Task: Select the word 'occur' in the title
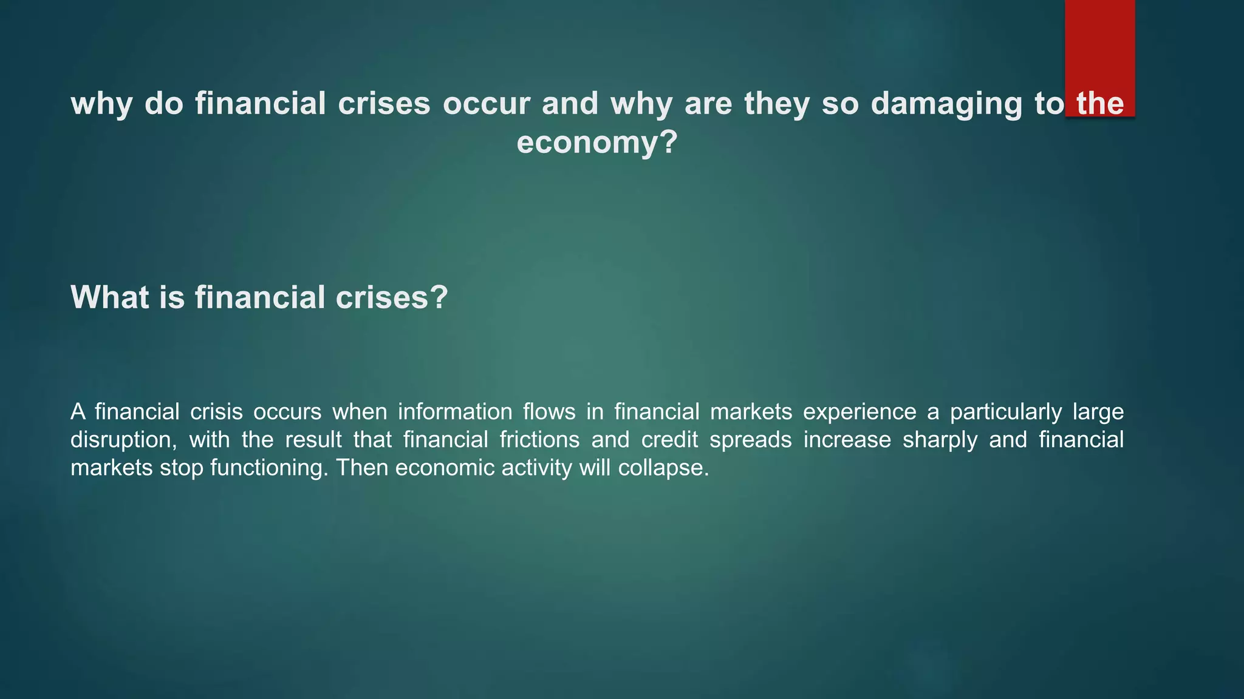pyautogui.click(x=486, y=104)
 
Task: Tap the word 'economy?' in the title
pyautogui.click(x=596, y=143)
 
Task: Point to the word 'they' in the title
pyautogui.click(x=777, y=104)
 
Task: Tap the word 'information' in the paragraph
pyautogui.click(x=455, y=412)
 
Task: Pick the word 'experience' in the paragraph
pyautogui.click(x=860, y=412)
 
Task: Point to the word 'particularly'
pyautogui.click(x=1006, y=412)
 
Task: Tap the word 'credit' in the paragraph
pyautogui.click(x=669, y=440)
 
